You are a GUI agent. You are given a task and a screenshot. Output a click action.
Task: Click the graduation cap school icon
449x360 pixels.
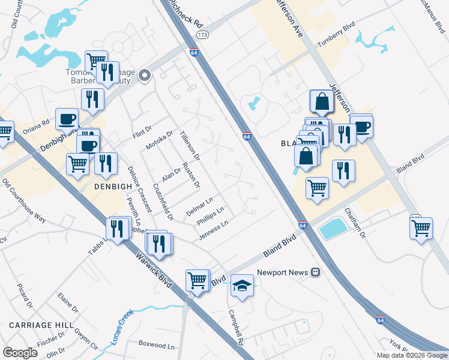(242, 286)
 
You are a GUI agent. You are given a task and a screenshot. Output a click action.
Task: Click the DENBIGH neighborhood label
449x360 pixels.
(113, 187)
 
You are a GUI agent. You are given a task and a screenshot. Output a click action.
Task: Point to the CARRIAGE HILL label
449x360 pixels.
(37, 325)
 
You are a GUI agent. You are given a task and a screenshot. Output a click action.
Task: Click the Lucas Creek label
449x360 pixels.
(121, 327)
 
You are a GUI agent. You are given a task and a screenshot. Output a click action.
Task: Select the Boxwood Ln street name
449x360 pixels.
(156, 346)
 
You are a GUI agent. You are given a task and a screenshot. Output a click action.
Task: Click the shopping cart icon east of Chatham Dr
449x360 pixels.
(421, 227)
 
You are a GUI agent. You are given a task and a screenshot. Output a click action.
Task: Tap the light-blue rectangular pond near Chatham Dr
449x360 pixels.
(333, 228)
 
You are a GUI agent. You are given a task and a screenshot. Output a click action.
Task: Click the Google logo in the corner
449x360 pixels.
(20, 353)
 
